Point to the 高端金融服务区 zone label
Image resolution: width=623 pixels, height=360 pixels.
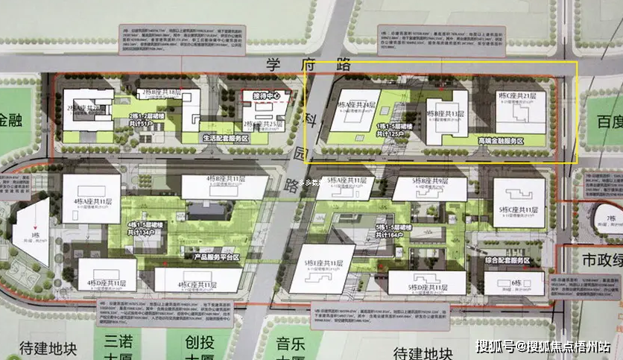[x=502, y=139]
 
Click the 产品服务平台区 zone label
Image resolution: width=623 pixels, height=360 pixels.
[x=215, y=257]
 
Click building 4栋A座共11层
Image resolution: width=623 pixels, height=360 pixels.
[x=91, y=199]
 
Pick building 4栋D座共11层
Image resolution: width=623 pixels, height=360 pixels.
[x=107, y=274]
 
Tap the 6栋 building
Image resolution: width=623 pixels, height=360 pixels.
[x=514, y=282]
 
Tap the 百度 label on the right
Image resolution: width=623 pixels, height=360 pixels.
[x=607, y=119]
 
